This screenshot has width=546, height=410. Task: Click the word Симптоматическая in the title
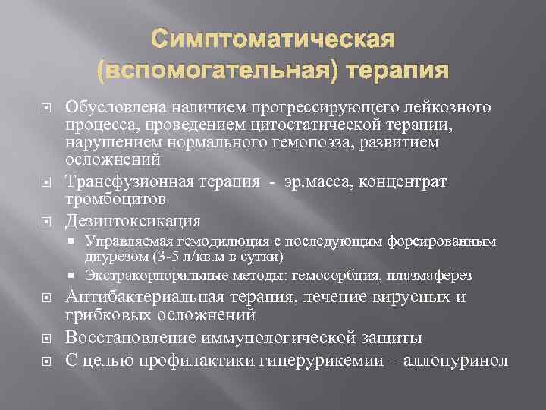pyautogui.click(x=272, y=39)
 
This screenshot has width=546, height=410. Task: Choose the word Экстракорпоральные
pyautogui.click(x=143, y=275)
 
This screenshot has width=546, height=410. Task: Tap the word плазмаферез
pyautogui.click(x=431, y=275)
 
